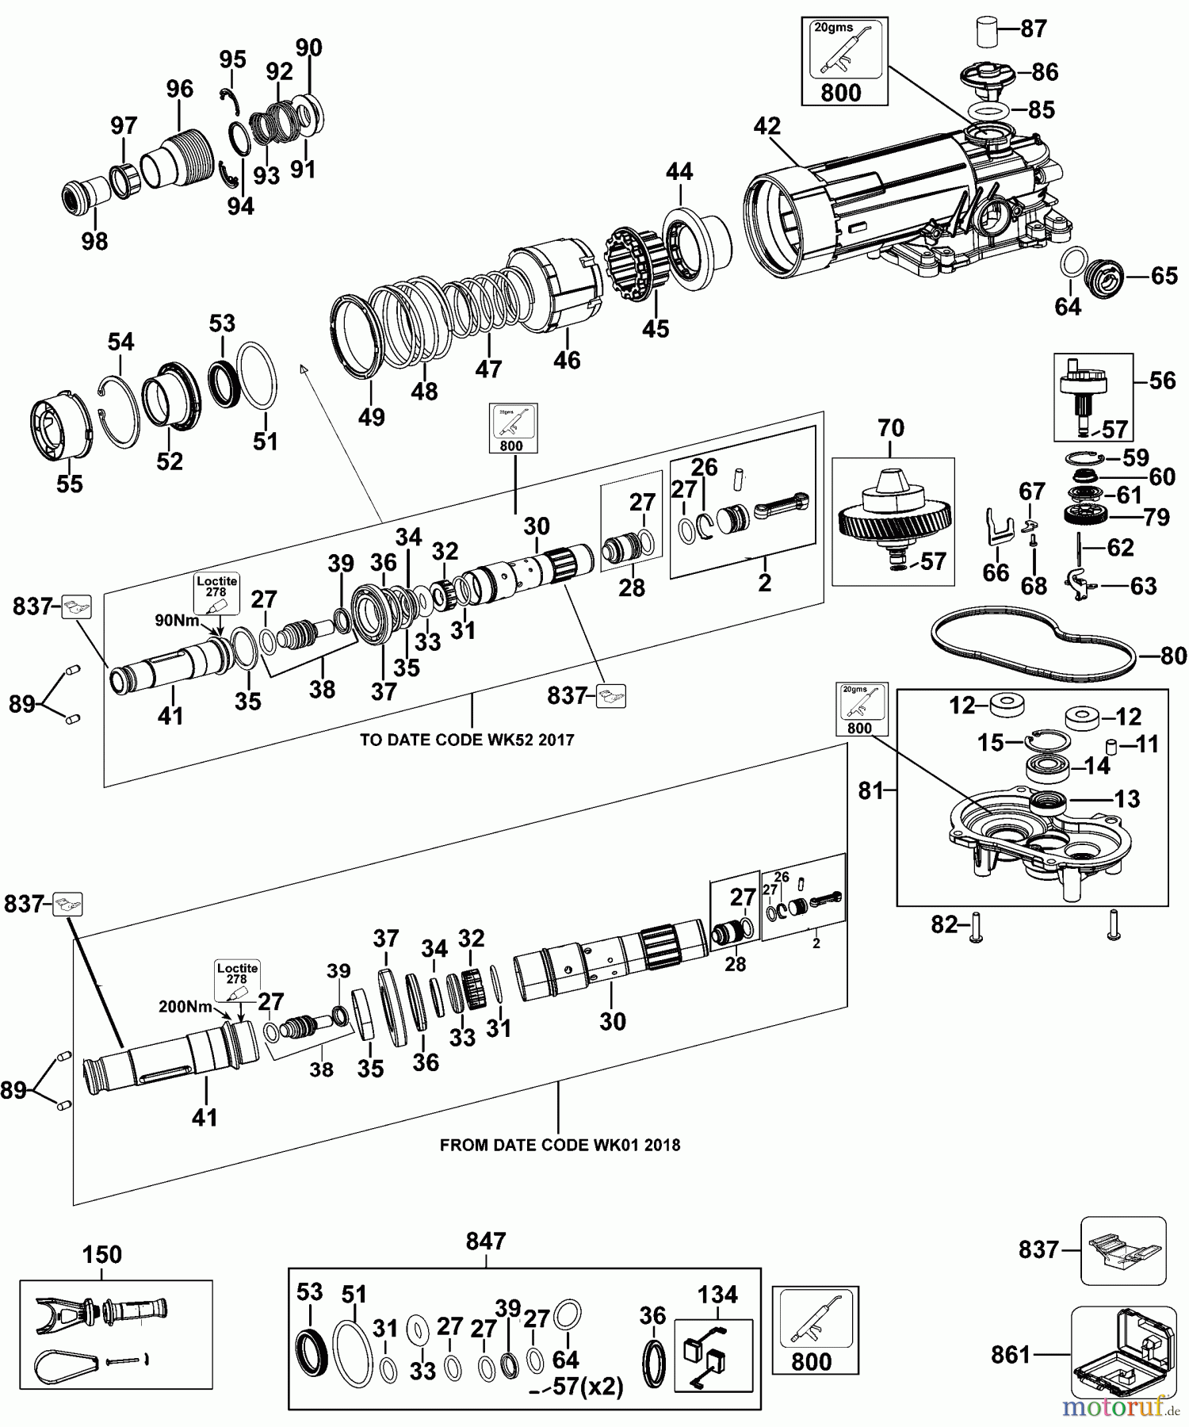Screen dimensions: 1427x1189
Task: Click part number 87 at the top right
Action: coord(1034,29)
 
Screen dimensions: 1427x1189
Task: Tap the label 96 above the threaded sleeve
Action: coord(179,89)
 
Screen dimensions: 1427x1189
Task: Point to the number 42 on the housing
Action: coord(767,126)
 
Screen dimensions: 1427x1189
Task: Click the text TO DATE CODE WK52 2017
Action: coord(467,740)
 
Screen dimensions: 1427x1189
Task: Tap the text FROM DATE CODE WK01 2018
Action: coord(560,1145)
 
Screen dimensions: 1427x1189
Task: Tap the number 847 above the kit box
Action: coord(485,1241)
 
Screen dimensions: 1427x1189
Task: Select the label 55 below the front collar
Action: coord(69,484)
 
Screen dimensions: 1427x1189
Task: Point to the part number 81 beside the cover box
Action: coord(870,790)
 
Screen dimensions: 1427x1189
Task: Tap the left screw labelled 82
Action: coord(976,927)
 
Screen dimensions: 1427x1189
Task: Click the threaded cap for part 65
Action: coord(1103,277)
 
